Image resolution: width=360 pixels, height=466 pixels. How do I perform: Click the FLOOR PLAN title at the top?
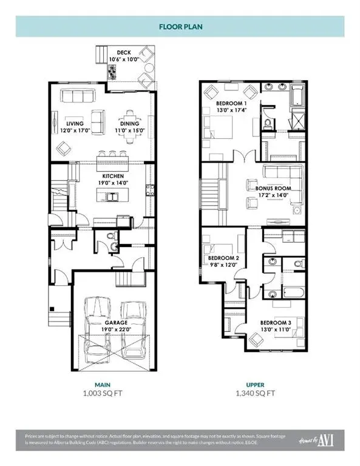tap(180, 27)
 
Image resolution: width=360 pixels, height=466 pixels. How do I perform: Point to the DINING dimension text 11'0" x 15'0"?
tap(128, 130)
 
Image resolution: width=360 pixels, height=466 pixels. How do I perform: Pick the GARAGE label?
tap(115, 323)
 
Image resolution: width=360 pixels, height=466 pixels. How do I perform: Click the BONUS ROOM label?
tap(269, 189)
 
